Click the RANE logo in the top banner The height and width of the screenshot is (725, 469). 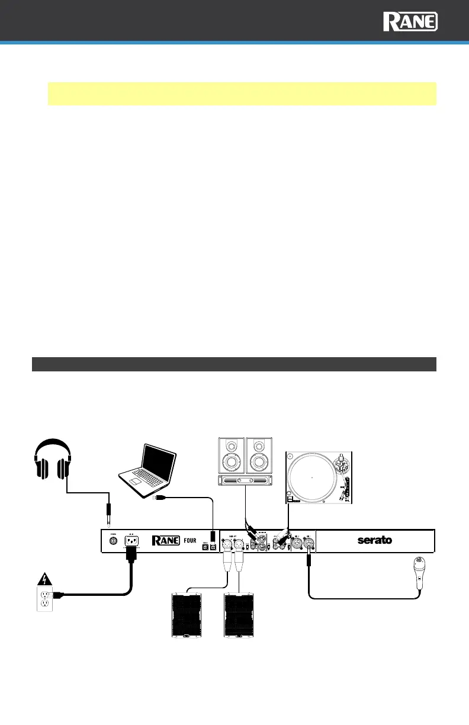(x=410, y=23)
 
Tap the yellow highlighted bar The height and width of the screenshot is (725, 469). (x=242, y=94)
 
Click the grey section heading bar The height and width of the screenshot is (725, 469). (x=234, y=363)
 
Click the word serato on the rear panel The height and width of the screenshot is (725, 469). (x=374, y=540)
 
